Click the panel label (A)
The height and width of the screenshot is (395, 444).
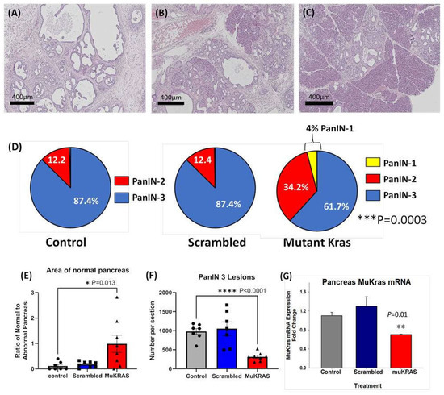coord(16,12)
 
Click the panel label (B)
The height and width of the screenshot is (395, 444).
coord(162,12)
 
